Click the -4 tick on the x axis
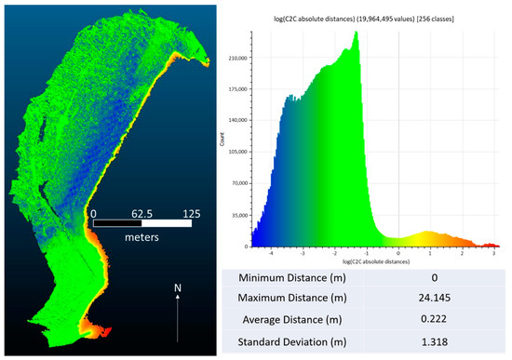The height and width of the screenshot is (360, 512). click(x=270, y=252)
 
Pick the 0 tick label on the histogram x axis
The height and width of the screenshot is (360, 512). click(x=398, y=252)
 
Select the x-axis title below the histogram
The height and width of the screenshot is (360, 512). click(x=370, y=261)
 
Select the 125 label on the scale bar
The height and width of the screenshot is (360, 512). click(x=192, y=212)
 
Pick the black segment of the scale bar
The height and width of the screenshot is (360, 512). click(x=118, y=223)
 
